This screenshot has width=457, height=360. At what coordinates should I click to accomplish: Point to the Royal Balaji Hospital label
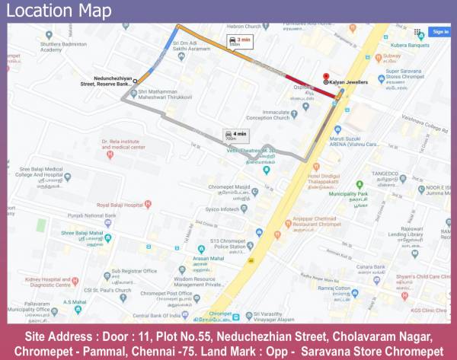point(120,205)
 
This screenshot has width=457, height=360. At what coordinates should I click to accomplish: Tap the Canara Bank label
point(369,266)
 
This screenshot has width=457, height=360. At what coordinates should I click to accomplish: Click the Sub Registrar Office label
point(133,271)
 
